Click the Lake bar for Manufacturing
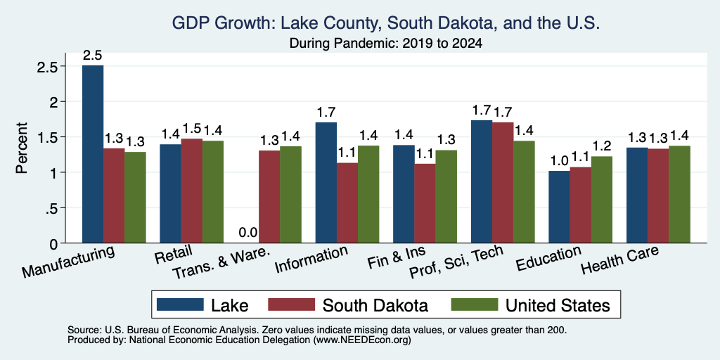[93, 154]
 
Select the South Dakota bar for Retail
[191, 191]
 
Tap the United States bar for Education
[602, 200]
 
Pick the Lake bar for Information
[326, 182]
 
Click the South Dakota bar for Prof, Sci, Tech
[502, 182]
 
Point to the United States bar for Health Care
[679, 194]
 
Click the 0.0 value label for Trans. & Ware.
[248, 233]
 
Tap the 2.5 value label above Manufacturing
[92, 56]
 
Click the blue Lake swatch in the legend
[180, 304]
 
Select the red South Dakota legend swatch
[292, 304]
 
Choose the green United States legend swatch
[475, 304]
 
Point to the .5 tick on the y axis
[53, 208]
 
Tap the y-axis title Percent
[21, 148]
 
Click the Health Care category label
[620, 259]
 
